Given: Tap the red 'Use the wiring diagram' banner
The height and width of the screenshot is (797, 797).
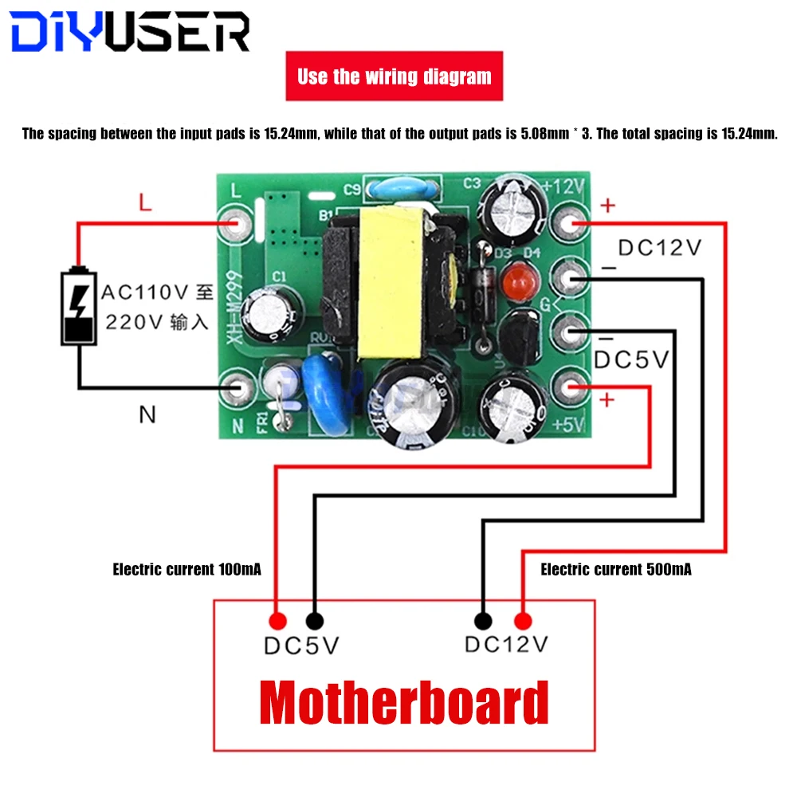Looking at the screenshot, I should [394, 77].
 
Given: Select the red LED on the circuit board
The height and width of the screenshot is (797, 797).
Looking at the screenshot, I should [516, 279].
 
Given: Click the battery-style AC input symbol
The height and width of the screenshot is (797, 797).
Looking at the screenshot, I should [79, 307].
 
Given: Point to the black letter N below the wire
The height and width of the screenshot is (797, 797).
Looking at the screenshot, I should [147, 414].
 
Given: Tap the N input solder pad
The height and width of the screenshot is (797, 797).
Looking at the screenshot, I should [237, 388].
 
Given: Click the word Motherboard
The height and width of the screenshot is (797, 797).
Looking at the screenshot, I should [404, 703].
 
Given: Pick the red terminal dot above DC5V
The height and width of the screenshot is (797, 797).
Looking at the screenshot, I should [277, 621].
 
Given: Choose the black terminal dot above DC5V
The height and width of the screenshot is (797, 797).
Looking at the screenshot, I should [314, 621].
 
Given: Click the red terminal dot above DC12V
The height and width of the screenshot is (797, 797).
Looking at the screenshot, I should [523, 621].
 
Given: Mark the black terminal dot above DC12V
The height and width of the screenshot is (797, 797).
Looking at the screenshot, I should [483, 621].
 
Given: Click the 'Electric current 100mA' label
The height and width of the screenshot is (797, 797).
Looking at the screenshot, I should [186, 569].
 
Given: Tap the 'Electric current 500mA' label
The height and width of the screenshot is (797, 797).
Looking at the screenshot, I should [615, 569].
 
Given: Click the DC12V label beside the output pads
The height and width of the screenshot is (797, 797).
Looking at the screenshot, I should [660, 248].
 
